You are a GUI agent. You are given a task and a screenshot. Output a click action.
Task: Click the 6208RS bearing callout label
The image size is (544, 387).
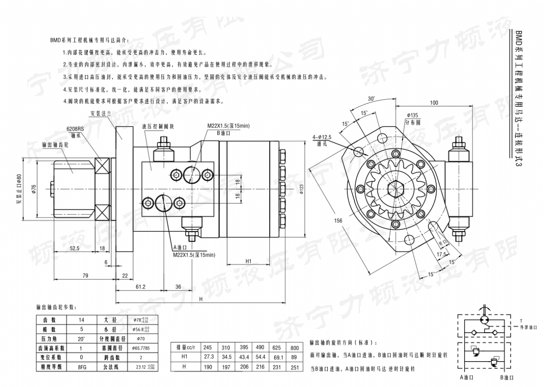pos(74,128)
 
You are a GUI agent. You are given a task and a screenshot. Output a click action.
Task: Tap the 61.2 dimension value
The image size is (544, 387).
pos(140,286)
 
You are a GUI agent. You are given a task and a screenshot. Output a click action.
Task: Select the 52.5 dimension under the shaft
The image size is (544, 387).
pos(74,248)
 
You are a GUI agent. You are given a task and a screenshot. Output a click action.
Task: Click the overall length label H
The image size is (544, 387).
pos(200,299)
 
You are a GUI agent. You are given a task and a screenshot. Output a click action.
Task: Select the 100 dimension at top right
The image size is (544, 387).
pos(434,103)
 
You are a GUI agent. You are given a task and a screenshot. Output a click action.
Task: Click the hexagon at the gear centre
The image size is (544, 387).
pos(396,189)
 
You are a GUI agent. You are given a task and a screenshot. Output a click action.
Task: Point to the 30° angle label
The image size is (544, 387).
pos(371,98)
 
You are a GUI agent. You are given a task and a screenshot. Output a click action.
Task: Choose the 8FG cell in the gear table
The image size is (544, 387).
pos(81,367)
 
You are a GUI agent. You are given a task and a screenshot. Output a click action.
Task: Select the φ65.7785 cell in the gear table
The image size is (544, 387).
pos(141,348)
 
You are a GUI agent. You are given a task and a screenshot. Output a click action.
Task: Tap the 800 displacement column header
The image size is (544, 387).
pos(294,348)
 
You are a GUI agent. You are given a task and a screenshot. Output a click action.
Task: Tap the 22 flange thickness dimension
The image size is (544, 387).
pos(125,276)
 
